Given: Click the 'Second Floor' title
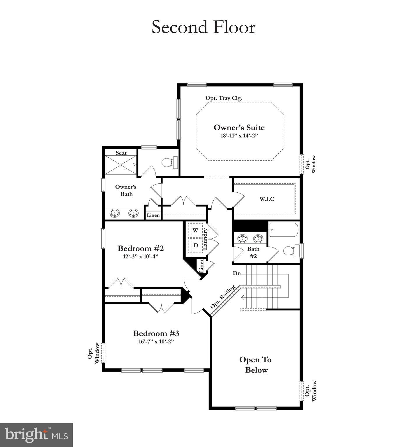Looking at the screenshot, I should pos(203,27).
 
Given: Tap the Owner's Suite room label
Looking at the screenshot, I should pos(239,127).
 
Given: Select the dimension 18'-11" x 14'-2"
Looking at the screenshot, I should pos(239,136).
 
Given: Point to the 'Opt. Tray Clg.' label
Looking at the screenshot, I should pos(224,98).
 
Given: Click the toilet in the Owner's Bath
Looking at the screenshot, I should pos(169,162).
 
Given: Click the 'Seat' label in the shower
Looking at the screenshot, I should pos(121,153).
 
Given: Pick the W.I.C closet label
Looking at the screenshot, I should pos(267,199).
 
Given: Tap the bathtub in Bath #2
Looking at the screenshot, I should pos(284,230).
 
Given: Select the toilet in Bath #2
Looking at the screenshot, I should pos(291,251).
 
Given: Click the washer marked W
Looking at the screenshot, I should pos(195,230).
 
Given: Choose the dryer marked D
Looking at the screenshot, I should pos(196,245).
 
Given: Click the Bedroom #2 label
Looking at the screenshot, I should pos(141,248).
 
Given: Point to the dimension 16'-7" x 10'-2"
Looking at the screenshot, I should pos(156,341).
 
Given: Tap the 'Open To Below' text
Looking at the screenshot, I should pos(256,365).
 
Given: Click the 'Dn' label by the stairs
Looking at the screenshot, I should pos(236,273).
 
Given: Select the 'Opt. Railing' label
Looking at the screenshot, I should pos(223,297).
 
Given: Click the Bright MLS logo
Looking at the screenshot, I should pos(36,435).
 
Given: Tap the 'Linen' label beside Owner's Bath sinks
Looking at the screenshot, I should pos(153,215).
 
